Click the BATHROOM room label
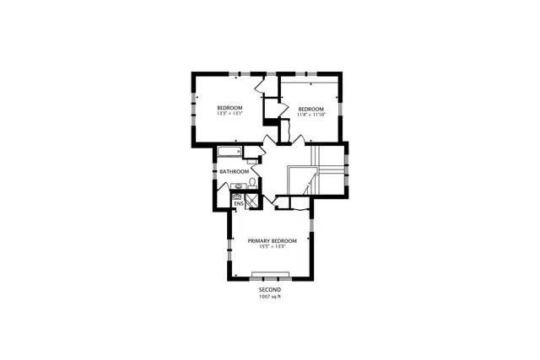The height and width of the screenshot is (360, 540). [234, 172]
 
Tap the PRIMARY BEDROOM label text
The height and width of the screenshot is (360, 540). [272, 240]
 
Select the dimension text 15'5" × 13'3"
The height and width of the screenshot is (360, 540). [272, 247]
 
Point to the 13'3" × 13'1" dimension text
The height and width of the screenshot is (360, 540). [229, 114]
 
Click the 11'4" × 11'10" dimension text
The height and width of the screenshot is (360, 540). [310, 115]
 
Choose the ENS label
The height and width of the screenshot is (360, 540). [238, 203]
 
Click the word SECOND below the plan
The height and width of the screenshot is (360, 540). [270, 289]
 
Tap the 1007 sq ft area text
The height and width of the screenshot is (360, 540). [270, 296]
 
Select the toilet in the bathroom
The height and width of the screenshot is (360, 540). [252, 183]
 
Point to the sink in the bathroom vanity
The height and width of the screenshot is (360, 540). [239, 186]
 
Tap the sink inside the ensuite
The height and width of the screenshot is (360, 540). [237, 196]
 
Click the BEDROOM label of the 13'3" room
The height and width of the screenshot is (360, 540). [229, 107]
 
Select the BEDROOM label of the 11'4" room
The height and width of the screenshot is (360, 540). [310, 108]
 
